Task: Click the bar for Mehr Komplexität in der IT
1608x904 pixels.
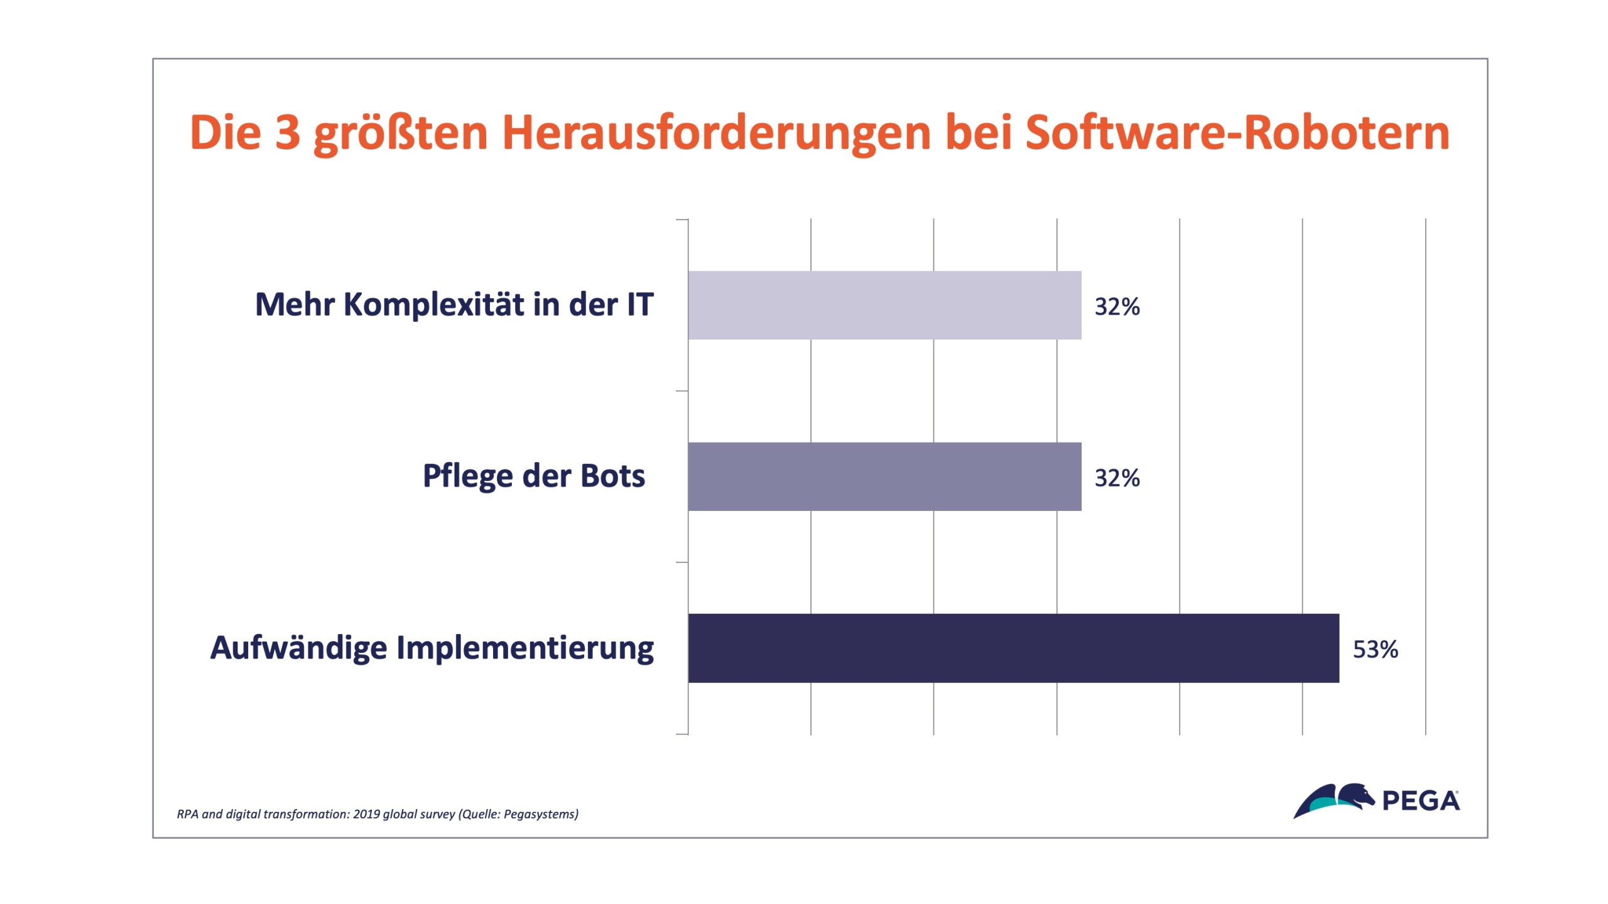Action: click(x=884, y=305)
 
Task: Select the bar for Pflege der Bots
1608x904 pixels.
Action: click(x=884, y=476)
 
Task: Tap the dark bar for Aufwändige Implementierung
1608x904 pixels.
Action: click(x=1013, y=648)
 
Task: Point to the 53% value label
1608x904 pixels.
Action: click(x=1375, y=649)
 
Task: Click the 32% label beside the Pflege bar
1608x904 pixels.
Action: click(x=1117, y=478)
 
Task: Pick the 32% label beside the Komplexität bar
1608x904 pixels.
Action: click(x=1117, y=307)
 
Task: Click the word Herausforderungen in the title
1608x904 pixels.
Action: click(x=716, y=133)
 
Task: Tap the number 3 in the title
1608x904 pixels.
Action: click(x=288, y=133)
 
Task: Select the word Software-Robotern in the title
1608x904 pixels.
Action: click(x=1237, y=133)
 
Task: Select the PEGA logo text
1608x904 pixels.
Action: click(x=1421, y=802)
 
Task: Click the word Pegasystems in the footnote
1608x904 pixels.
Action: click(x=538, y=814)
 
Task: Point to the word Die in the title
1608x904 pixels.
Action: click(x=225, y=133)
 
